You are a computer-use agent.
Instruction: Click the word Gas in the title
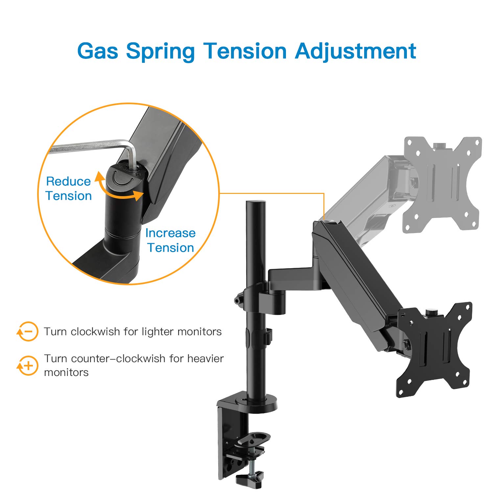pyautogui.click(x=98, y=51)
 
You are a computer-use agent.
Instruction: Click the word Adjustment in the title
pyautogui.click(x=356, y=51)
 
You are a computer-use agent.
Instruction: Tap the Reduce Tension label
pyautogui.click(x=68, y=188)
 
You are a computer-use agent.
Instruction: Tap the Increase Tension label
pyautogui.click(x=170, y=240)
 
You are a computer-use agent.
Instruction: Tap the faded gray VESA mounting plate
pyautogui.click(x=442, y=184)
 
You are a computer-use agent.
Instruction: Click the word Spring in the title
pyautogui.click(x=160, y=51)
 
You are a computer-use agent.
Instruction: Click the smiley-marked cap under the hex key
pyautogui.click(x=124, y=177)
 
